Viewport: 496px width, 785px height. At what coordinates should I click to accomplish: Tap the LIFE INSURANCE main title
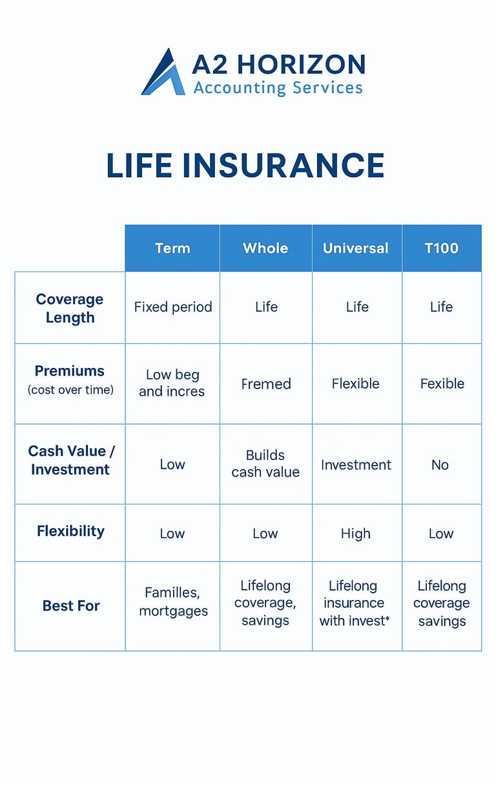point(245,166)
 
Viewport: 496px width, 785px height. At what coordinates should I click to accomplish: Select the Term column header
point(172,248)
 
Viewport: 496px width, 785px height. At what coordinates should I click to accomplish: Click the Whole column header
point(265,248)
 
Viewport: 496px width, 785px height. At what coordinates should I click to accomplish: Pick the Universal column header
point(356,248)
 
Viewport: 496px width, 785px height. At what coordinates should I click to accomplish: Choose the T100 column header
point(441,248)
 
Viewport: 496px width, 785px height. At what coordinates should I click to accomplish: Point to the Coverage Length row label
point(70,308)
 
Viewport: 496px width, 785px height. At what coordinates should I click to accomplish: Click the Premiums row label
point(70,380)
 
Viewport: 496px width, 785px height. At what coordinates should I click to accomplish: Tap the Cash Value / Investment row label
point(71,460)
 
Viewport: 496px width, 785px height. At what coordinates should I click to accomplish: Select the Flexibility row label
point(70,532)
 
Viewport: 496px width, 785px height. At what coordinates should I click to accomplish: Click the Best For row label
point(71,606)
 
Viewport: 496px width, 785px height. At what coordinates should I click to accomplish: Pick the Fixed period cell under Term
point(173,307)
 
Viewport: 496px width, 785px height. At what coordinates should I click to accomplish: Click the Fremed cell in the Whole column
point(266,383)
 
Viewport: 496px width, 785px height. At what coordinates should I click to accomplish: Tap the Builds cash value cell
point(265,464)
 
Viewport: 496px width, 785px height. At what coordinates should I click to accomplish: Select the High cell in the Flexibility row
point(356,533)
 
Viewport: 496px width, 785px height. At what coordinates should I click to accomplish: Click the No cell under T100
point(440,465)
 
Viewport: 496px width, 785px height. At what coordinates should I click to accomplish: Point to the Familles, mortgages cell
point(173,602)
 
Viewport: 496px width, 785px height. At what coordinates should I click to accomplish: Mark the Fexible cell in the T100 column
point(442,383)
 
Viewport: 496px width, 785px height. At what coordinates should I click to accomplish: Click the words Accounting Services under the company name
point(278,87)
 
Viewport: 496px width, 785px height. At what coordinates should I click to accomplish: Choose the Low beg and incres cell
point(172,383)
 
